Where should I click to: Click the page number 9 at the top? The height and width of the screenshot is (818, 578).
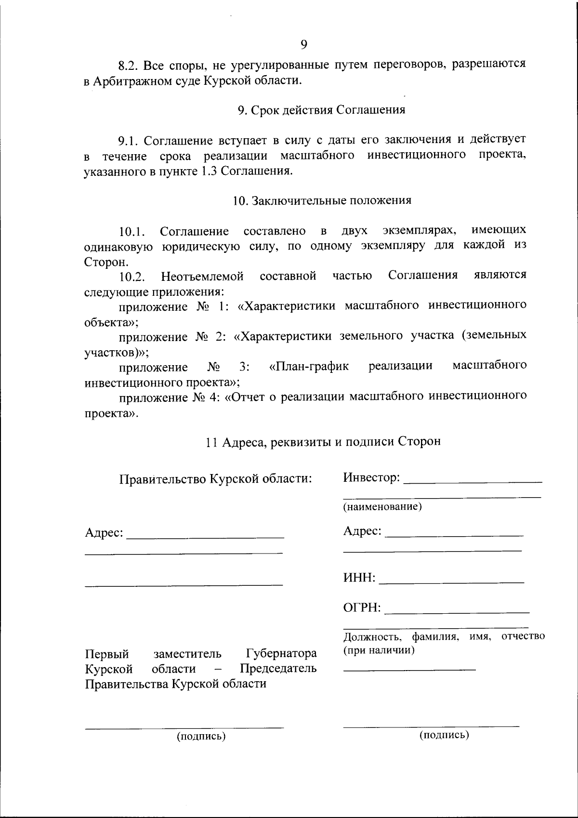[303, 45]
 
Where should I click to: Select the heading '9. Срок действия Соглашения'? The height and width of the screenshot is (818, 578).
[321, 110]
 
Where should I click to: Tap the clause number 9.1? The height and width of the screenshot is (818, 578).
[129, 141]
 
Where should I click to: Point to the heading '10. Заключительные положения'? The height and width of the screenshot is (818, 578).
[322, 200]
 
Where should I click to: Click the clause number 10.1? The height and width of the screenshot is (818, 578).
[132, 232]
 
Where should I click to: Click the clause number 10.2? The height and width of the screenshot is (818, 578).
[132, 277]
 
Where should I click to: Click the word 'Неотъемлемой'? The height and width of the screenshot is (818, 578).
[202, 277]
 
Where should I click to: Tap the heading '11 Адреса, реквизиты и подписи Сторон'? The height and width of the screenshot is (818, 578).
[323, 441]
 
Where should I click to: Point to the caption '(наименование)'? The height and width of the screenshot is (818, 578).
[382, 507]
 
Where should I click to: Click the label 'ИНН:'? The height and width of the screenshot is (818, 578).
[359, 578]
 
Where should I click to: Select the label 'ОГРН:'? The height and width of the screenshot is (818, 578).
[362, 608]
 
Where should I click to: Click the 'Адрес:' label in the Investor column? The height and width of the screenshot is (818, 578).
[362, 531]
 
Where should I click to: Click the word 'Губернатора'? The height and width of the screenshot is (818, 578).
[281, 654]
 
